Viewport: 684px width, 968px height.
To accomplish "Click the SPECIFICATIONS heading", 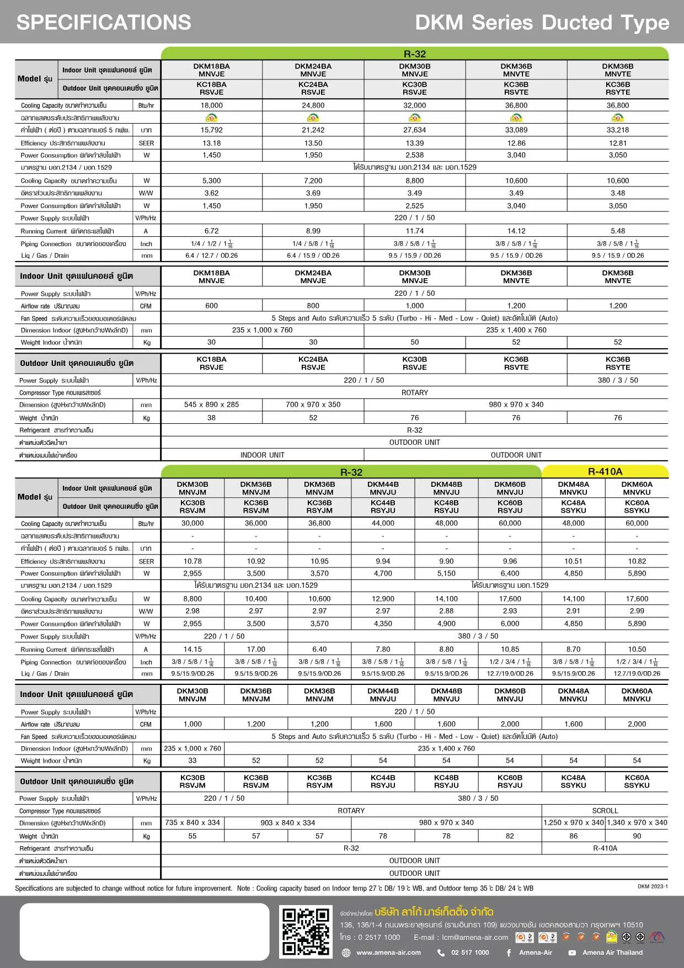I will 104,22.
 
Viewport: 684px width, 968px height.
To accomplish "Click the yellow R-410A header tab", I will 605,471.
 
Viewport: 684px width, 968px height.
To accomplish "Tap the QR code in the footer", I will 306,932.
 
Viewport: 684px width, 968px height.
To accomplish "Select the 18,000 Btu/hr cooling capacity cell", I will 212,105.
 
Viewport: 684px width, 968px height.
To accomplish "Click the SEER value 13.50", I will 313,143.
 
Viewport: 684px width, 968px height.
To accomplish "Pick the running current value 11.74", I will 415,231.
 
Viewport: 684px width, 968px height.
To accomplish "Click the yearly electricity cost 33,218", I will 618,130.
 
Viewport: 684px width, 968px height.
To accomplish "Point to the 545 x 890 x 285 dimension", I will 212,405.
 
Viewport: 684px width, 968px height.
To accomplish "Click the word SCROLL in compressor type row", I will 605,811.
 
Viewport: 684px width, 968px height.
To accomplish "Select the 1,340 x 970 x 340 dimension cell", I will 637,823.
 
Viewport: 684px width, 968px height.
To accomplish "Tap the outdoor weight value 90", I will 637,836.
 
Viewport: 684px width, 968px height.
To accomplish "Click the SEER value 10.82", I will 637,561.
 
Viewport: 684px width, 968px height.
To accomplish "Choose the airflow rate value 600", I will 212,306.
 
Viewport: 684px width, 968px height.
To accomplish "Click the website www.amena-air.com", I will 388,953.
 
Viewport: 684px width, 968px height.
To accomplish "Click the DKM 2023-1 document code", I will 653,887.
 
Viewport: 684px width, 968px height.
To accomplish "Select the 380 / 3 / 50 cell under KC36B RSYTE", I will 618,380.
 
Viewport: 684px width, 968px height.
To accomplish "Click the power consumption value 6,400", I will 510,573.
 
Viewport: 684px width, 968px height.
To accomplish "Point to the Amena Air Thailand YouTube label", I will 612,953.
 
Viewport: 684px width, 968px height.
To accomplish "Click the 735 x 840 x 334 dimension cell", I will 193,823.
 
